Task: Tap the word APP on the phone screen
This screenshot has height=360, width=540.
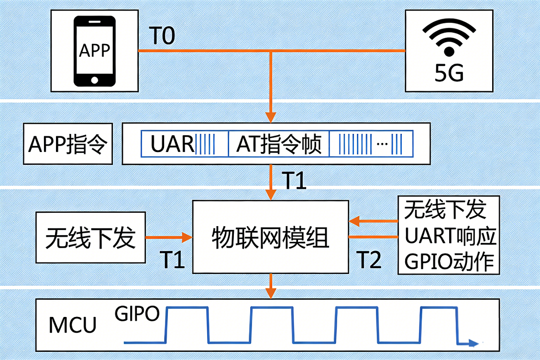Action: (x=94, y=50)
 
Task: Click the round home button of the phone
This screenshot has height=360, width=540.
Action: (x=94, y=79)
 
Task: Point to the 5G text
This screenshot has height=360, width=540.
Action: (x=449, y=74)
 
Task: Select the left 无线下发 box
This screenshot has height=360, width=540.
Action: (x=90, y=238)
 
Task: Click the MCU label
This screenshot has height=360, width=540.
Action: (x=73, y=325)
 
